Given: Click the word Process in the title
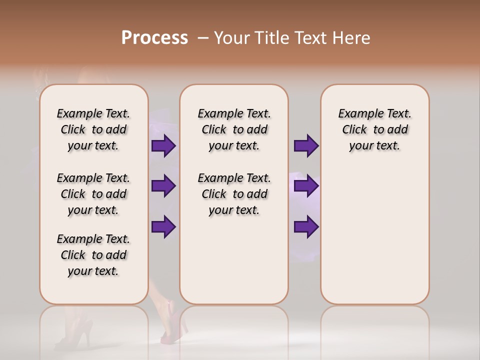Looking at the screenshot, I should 154,38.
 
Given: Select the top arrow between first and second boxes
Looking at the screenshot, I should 163,146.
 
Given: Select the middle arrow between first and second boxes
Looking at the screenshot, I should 163,186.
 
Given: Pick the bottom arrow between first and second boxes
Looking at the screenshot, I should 163,226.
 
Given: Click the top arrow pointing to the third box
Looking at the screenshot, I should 306,146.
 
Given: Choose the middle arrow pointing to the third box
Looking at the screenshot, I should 306,186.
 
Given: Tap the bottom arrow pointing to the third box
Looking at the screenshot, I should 306,226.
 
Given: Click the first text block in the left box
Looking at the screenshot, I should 93,129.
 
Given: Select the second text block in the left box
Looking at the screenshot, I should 93,194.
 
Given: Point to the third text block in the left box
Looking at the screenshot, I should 93,255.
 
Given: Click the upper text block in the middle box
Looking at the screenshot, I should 234,129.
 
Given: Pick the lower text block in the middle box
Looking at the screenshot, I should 234,194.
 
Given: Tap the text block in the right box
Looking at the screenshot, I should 374,129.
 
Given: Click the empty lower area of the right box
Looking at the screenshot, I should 374,235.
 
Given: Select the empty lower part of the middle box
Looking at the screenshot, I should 234,260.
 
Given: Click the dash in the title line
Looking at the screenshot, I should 203,38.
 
